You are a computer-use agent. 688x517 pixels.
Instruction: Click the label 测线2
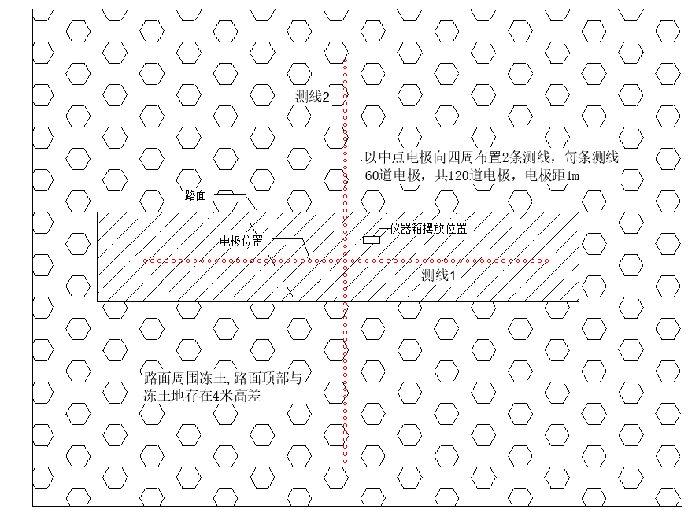(312, 97)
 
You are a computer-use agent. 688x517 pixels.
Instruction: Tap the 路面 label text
(195, 195)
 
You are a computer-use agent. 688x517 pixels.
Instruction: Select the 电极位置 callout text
(242, 239)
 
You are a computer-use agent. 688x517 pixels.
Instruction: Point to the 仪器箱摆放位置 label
(428, 229)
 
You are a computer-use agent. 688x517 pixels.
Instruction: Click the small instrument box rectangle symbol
(371, 238)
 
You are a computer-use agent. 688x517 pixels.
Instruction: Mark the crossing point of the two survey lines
(345, 260)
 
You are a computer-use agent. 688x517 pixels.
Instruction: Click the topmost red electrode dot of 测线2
(345, 60)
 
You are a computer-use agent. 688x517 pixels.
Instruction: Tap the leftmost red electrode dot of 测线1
(144, 260)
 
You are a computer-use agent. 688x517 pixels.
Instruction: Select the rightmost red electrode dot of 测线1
(549, 260)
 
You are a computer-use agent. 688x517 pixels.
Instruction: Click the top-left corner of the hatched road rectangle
(97, 212)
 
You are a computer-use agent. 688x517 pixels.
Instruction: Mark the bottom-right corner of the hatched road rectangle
(579, 301)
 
